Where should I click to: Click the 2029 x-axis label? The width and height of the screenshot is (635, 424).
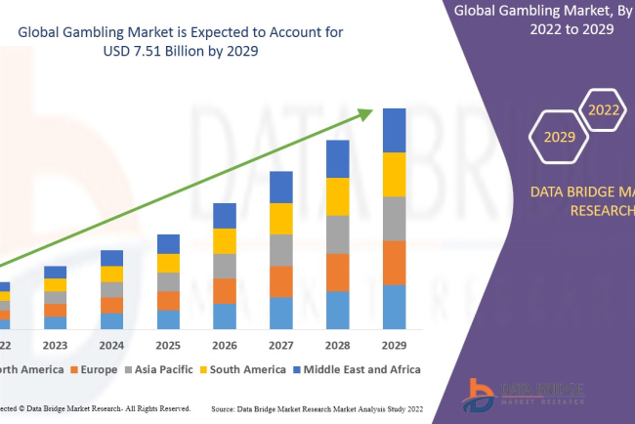[x=394, y=345]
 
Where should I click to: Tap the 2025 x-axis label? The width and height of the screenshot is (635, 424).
[x=168, y=345]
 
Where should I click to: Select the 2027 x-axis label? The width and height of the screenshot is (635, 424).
[x=281, y=345]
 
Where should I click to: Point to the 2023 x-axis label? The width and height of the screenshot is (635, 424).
[x=56, y=345]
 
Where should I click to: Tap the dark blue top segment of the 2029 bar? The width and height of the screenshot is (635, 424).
[x=394, y=130]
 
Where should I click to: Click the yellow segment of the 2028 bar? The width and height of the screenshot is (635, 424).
[x=337, y=196]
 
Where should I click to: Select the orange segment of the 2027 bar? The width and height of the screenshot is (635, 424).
[x=281, y=281]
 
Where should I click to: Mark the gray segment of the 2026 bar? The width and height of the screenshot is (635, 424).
[x=225, y=266]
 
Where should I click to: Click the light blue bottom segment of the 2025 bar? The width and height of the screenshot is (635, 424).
[x=168, y=319]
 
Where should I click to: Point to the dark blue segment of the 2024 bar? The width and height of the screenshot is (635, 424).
[x=112, y=258]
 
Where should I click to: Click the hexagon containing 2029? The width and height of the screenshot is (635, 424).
[x=560, y=137]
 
